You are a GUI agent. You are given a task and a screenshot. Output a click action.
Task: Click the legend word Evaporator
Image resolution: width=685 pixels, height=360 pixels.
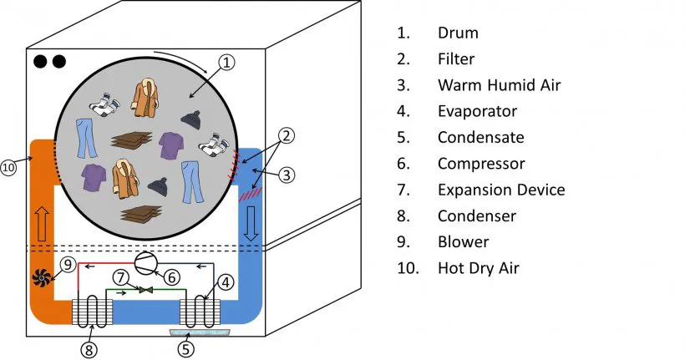click(x=477, y=111)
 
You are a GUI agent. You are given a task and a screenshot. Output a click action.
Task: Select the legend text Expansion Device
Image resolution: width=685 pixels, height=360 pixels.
click(x=501, y=190)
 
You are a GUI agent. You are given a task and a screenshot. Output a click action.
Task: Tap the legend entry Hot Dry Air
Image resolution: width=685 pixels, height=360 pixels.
click(x=478, y=268)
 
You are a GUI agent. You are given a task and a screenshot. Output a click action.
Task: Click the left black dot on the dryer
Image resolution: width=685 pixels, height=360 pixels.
click(x=39, y=62)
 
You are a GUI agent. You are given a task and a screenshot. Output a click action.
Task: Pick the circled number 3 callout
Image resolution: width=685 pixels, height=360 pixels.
click(x=286, y=175)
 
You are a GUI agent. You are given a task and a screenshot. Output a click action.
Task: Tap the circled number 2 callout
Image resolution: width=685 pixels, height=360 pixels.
click(x=286, y=135)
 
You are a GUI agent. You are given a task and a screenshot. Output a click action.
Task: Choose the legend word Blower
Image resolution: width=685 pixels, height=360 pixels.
click(x=463, y=242)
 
